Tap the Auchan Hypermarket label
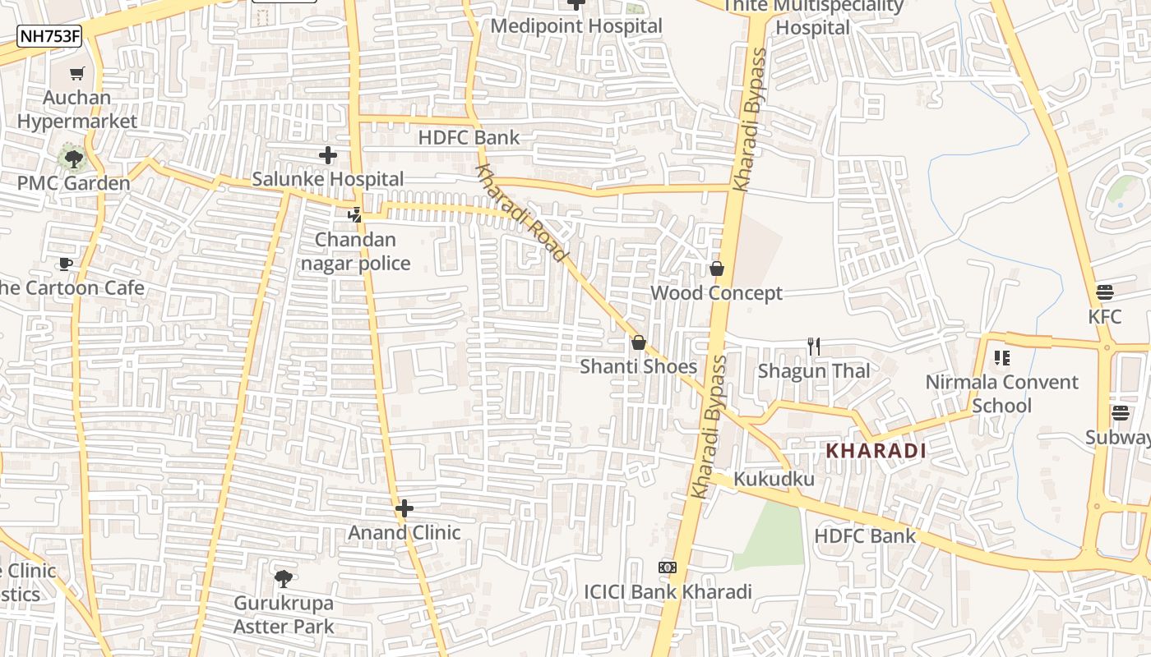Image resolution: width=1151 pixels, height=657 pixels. [77, 109]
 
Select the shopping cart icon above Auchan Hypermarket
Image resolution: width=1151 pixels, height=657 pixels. [77, 74]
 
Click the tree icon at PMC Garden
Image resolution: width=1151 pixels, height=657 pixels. [74, 158]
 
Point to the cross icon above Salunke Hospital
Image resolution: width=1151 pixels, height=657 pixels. [328, 154]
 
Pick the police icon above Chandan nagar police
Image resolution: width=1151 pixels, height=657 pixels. [354, 215]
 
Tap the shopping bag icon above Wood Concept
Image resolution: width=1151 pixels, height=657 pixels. [717, 269]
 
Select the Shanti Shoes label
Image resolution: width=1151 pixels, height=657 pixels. [639, 366]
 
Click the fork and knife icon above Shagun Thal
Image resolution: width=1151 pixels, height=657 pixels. [814, 346]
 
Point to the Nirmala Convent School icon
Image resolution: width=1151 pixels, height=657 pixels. [1001, 357]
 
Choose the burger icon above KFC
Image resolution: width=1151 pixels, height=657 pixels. [1105, 292]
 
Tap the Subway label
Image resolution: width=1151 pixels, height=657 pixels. [1117, 437]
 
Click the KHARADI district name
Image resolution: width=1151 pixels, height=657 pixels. [876, 451]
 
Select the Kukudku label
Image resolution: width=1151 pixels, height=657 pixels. [774, 479]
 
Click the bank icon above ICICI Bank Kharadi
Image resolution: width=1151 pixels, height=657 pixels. [668, 567]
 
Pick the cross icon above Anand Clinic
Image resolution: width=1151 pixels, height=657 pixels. [404, 508]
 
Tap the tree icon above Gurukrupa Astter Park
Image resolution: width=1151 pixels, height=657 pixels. [284, 579]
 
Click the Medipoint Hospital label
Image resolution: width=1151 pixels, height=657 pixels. [576, 25]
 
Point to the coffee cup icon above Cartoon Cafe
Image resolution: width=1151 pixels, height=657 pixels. [65, 264]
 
